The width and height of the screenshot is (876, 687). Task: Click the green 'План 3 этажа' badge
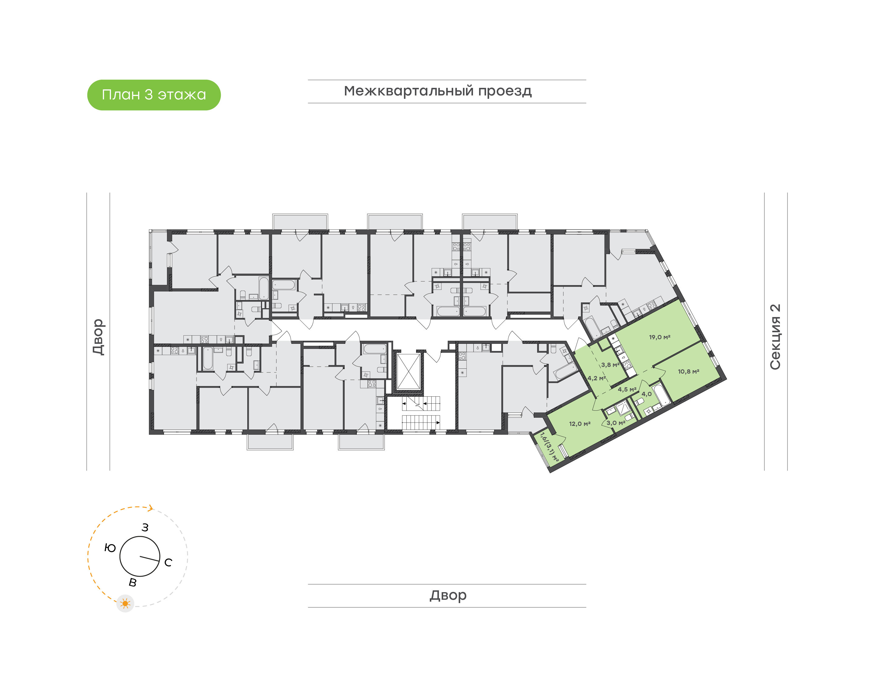[154, 95]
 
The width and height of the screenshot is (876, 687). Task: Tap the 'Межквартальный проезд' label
[437, 91]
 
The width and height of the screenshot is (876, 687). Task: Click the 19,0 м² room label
[659, 337]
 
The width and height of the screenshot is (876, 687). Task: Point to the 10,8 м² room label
[689, 371]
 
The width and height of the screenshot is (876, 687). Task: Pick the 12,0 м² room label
[579, 423]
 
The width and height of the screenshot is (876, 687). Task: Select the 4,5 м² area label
[627, 389]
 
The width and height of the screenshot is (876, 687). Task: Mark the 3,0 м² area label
[616, 423]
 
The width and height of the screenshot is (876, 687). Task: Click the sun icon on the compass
[125, 603]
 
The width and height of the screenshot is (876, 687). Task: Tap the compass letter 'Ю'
[110, 548]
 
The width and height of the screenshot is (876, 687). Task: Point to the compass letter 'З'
[145, 527]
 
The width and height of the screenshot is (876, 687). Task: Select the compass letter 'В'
[132, 582]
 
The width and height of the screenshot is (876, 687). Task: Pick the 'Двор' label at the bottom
[448, 595]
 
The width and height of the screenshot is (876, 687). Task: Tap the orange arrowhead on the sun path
[151, 508]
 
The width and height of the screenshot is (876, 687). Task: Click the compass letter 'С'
[168, 562]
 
